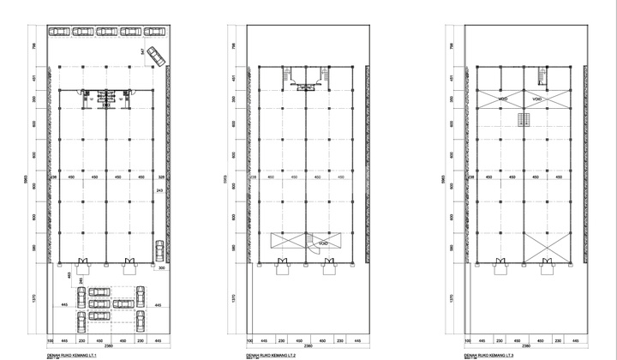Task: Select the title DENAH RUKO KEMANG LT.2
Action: coord(276,353)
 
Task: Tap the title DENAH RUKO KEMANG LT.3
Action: coord(494,353)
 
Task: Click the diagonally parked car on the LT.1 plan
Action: coord(156,57)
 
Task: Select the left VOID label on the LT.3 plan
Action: coord(503,100)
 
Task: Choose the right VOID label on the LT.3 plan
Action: coord(537,100)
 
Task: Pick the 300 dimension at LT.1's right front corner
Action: coord(161,268)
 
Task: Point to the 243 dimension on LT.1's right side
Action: coord(159,189)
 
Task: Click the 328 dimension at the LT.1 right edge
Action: coord(160,177)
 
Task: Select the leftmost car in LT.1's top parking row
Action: coord(59,32)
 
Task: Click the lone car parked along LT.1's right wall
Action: coord(159,252)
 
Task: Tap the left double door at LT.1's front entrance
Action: coord(81,261)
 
